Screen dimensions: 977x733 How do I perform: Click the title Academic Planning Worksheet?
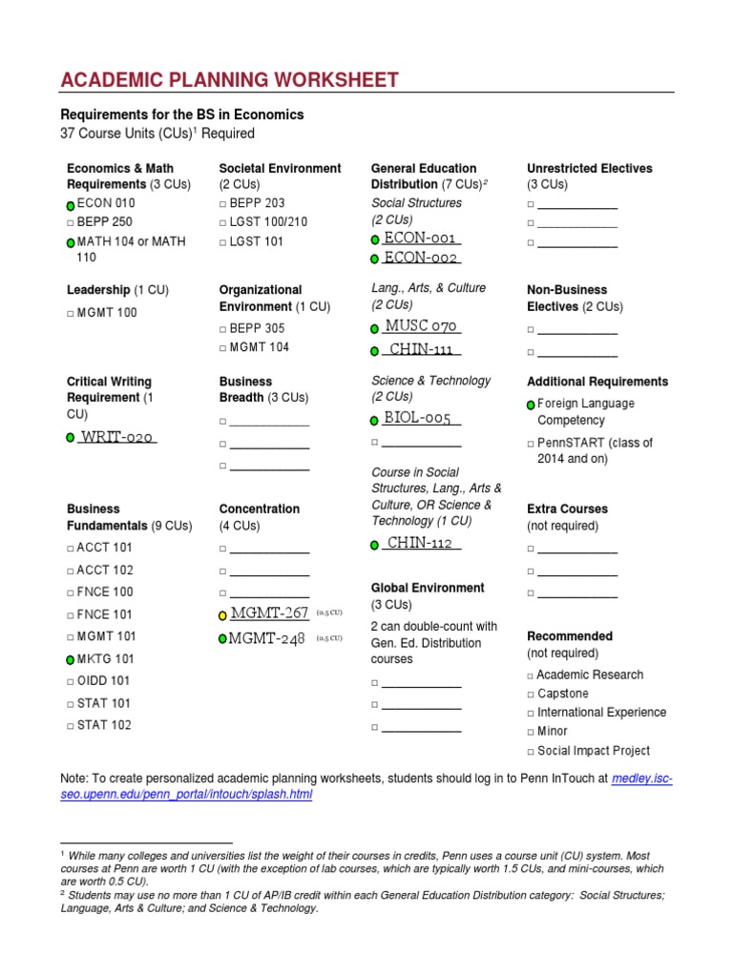tap(229, 80)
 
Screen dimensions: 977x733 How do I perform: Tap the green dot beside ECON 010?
tap(71, 205)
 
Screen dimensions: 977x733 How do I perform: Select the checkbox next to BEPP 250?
tap(71, 222)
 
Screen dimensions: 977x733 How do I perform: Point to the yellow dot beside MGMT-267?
tap(222, 616)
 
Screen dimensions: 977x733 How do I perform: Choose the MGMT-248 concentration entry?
tap(267, 638)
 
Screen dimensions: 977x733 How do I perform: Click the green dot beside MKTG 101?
tap(71, 659)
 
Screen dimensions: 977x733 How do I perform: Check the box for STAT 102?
tap(71, 726)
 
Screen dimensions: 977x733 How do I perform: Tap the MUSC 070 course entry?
tap(422, 326)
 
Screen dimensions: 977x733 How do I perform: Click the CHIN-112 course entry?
tap(420, 543)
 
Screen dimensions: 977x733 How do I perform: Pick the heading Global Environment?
tap(428, 588)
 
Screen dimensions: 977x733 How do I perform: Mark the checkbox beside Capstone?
tap(531, 695)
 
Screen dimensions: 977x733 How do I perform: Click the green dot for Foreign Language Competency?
tap(531, 405)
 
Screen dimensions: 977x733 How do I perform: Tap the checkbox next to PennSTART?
tap(531, 444)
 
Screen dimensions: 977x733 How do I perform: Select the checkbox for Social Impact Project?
tap(531, 752)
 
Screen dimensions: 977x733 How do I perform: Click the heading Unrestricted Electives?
tap(589, 168)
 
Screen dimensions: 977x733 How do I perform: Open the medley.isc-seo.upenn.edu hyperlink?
tap(641, 780)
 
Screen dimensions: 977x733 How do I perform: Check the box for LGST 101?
tap(222, 242)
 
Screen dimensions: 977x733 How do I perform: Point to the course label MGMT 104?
tap(260, 347)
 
